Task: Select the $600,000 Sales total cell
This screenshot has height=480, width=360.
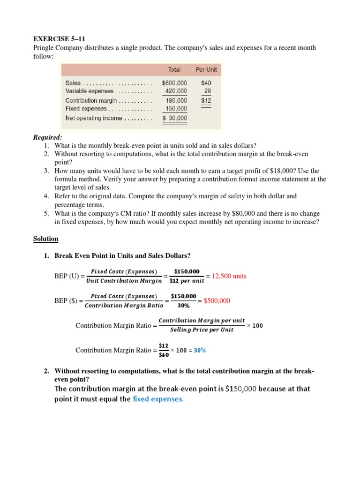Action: click(x=174, y=82)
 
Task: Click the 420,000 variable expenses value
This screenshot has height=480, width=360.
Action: click(x=176, y=91)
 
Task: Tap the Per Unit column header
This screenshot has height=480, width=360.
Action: click(x=206, y=69)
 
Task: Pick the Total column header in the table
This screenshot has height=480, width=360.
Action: click(x=174, y=69)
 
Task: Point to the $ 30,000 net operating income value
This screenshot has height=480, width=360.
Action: click(x=174, y=118)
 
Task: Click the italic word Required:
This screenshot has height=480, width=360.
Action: click(x=47, y=137)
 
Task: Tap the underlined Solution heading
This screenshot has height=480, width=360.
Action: click(x=45, y=239)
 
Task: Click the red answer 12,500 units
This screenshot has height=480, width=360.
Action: click(x=229, y=276)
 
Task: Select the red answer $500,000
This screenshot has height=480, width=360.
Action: click(x=217, y=301)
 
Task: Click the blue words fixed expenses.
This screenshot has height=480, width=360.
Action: click(x=158, y=399)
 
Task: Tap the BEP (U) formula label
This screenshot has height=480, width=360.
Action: click(x=67, y=276)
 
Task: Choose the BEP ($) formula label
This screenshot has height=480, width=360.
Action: click(x=67, y=301)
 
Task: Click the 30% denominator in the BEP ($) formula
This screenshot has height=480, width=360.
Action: click(x=183, y=306)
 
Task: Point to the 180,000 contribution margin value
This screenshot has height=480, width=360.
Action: click(x=176, y=100)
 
